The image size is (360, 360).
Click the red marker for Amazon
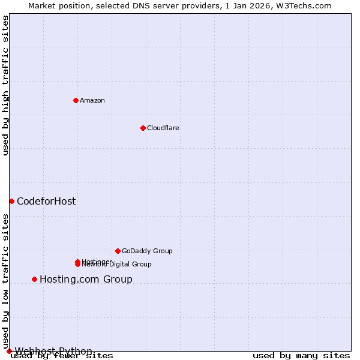coord(76,100)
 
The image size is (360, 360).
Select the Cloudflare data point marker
coord(143,128)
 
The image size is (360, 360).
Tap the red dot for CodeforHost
coord(11,201)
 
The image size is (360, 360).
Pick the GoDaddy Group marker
coord(118,251)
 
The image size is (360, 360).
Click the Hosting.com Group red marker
coord(34,279)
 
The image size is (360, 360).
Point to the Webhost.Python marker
coord(9,351)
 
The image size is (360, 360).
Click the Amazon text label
coord(92,100)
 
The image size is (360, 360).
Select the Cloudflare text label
coord(163,128)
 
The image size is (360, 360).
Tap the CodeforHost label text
coord(46,201)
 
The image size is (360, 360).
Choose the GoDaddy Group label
coord(147,251)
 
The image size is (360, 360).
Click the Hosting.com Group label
coord(86,279)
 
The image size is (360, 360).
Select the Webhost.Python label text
coord(53,351)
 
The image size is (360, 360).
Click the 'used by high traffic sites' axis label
coord(6,85)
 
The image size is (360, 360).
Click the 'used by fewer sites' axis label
coord(62,356)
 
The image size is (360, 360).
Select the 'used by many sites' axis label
coord(301,356)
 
